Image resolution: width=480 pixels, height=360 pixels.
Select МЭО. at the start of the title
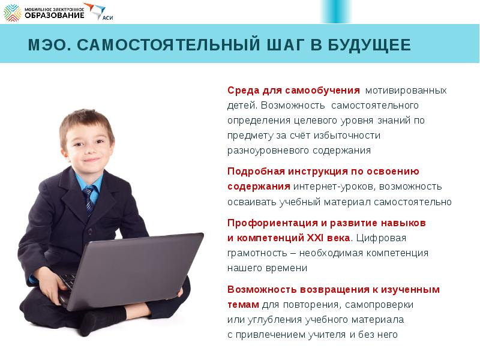point(47,46)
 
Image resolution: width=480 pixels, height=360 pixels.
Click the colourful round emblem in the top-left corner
point(12,12)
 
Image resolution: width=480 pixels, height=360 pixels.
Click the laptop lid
point(138,264)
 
